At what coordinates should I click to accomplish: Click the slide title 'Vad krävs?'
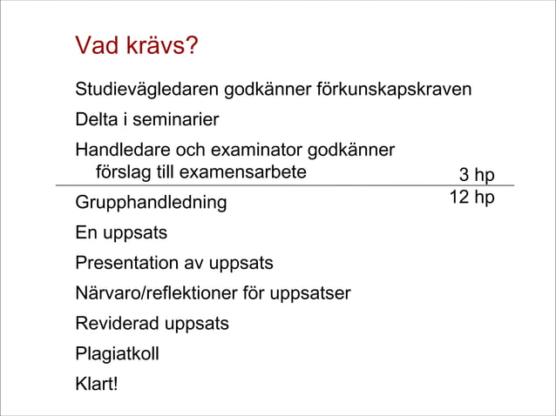(x=136, y=45)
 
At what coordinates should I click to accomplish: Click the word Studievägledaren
(x=147, y=90)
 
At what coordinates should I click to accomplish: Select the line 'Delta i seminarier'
(x=146, y=119)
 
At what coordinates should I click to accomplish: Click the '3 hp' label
(x=477, y=175)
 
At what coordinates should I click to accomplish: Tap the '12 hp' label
(x=471, y=198)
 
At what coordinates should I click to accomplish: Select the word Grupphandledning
(x=151, y=203)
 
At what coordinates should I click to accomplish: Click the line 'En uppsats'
(x=121, y=233)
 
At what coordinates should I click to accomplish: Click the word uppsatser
(x=314, y=293)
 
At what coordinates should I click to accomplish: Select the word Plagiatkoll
(x=117, y=354)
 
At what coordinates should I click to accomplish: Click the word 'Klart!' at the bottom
(x=96, y=384)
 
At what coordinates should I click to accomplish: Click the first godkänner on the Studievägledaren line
(x=261, y=90)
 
